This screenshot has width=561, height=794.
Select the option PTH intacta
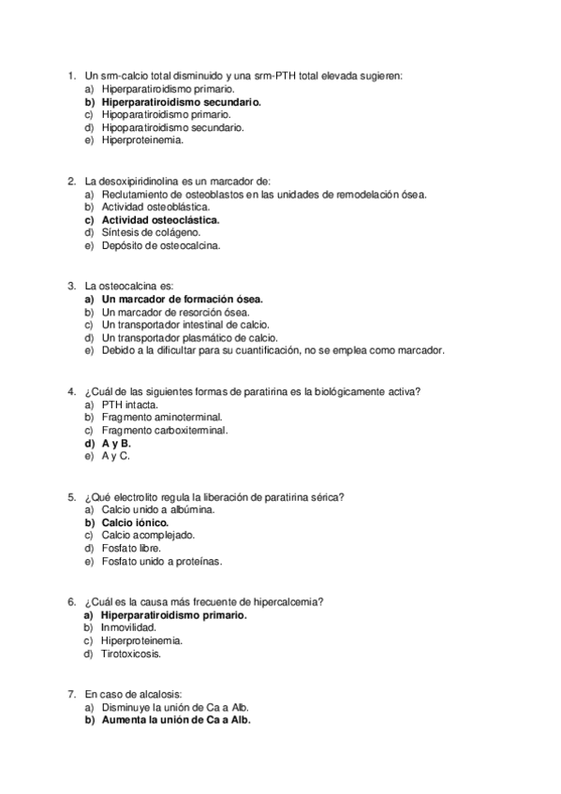[x=129, y=404]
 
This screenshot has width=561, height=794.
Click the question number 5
[x=72, y=496]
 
